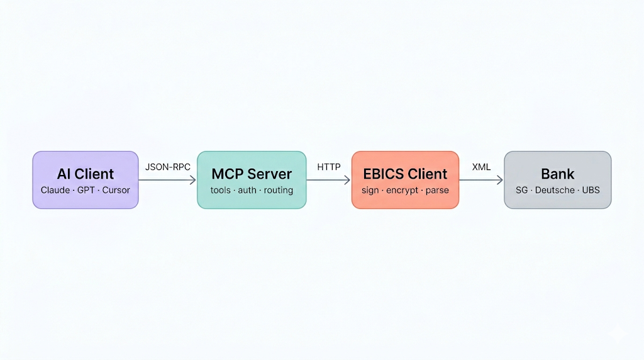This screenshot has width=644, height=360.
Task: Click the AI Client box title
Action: pyautogui.click(x=86, y=174)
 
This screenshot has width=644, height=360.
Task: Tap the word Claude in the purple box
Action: pyautogui.click(x=55, y=190)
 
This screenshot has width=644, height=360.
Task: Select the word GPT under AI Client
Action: pyautogui.click(x=86, y=190)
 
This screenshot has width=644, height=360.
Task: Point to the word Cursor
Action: pyautogui.click(x=116, y=190)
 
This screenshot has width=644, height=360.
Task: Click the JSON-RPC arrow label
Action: pyautogui.click(x=167, y=167)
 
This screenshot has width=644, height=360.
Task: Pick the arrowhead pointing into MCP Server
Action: pyautogui.click(x=193, y=179)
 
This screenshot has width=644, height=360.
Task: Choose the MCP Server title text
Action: pyautogui.click(x=252, y=174)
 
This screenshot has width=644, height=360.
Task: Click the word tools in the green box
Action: pyautogui.click(x=221, y=190)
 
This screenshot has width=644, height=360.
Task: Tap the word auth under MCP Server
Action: pyautogui.click(x=247, y=190)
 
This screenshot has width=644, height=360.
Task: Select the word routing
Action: pyautogui.click(x=279, y=191)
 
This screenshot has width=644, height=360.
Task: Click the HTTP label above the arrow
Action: pyautogui.click(x=328, y=167)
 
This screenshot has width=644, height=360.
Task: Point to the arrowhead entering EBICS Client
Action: pyautogui.click(x=347, y=179)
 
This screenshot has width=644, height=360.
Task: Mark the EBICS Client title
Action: pyautogui.click(x=405, y=174)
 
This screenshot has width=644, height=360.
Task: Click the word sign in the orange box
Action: pyautogui.click(x=370, y=191)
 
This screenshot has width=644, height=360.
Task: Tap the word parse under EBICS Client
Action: pyautogui.click(x=437, y=191)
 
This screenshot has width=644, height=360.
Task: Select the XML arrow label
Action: pyautogui.click(x=481, y=167)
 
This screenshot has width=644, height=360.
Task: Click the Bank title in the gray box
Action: pyautogui.click(x=557, y=174)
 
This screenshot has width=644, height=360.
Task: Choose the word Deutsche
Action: pyautogui.click(x=555, y=190)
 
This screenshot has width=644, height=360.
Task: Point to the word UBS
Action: pyautogui.click(x=591, y=190)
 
